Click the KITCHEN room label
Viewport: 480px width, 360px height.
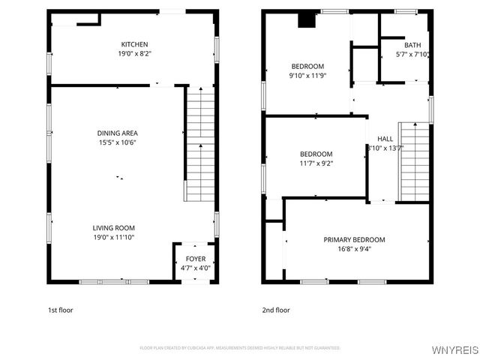[x=134, y=44]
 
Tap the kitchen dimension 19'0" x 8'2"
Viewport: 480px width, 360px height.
[x=134, y=54]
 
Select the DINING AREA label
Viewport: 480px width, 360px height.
[x=116, y=133]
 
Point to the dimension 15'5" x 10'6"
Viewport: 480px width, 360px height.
[x=116, y=142]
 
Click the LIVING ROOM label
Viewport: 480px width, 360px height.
[x=114, y=228]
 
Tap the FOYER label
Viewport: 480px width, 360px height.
[x=195, y=259]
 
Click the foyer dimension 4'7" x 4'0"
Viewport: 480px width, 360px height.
[x=195, y=268]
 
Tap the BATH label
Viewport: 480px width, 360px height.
[x=412, y=44]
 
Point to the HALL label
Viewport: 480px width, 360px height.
[x=385, y=139]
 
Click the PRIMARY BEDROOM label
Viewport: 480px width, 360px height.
[x=354, y=240]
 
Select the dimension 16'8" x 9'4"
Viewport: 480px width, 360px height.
[x=354, y=250]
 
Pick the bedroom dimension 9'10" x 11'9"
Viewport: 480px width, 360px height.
[x=307, y=76]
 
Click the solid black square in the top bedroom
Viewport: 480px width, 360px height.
[x=306, y=20]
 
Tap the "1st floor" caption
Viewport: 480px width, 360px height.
[x=60, y=310]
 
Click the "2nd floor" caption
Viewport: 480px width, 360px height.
[x=275, y=310]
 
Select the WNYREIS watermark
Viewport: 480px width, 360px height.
[x=454, y=350]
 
